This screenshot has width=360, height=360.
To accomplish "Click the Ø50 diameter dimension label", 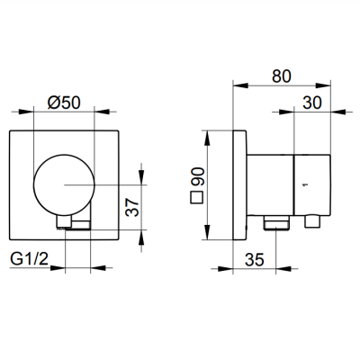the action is coord(64,103).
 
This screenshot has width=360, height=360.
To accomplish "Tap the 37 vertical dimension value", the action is coord(132,207).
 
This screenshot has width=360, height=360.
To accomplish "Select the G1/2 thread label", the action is coord(29,258).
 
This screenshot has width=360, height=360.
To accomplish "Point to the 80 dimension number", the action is coord(282,76).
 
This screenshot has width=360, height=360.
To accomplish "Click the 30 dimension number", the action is coord(312,103).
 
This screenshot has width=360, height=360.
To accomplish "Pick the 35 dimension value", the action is coord(255,259).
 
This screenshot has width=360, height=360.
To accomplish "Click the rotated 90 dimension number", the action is coord(197,177).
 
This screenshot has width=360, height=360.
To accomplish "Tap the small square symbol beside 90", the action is coord(197,198).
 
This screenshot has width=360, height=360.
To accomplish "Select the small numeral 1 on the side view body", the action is coord(306,184).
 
